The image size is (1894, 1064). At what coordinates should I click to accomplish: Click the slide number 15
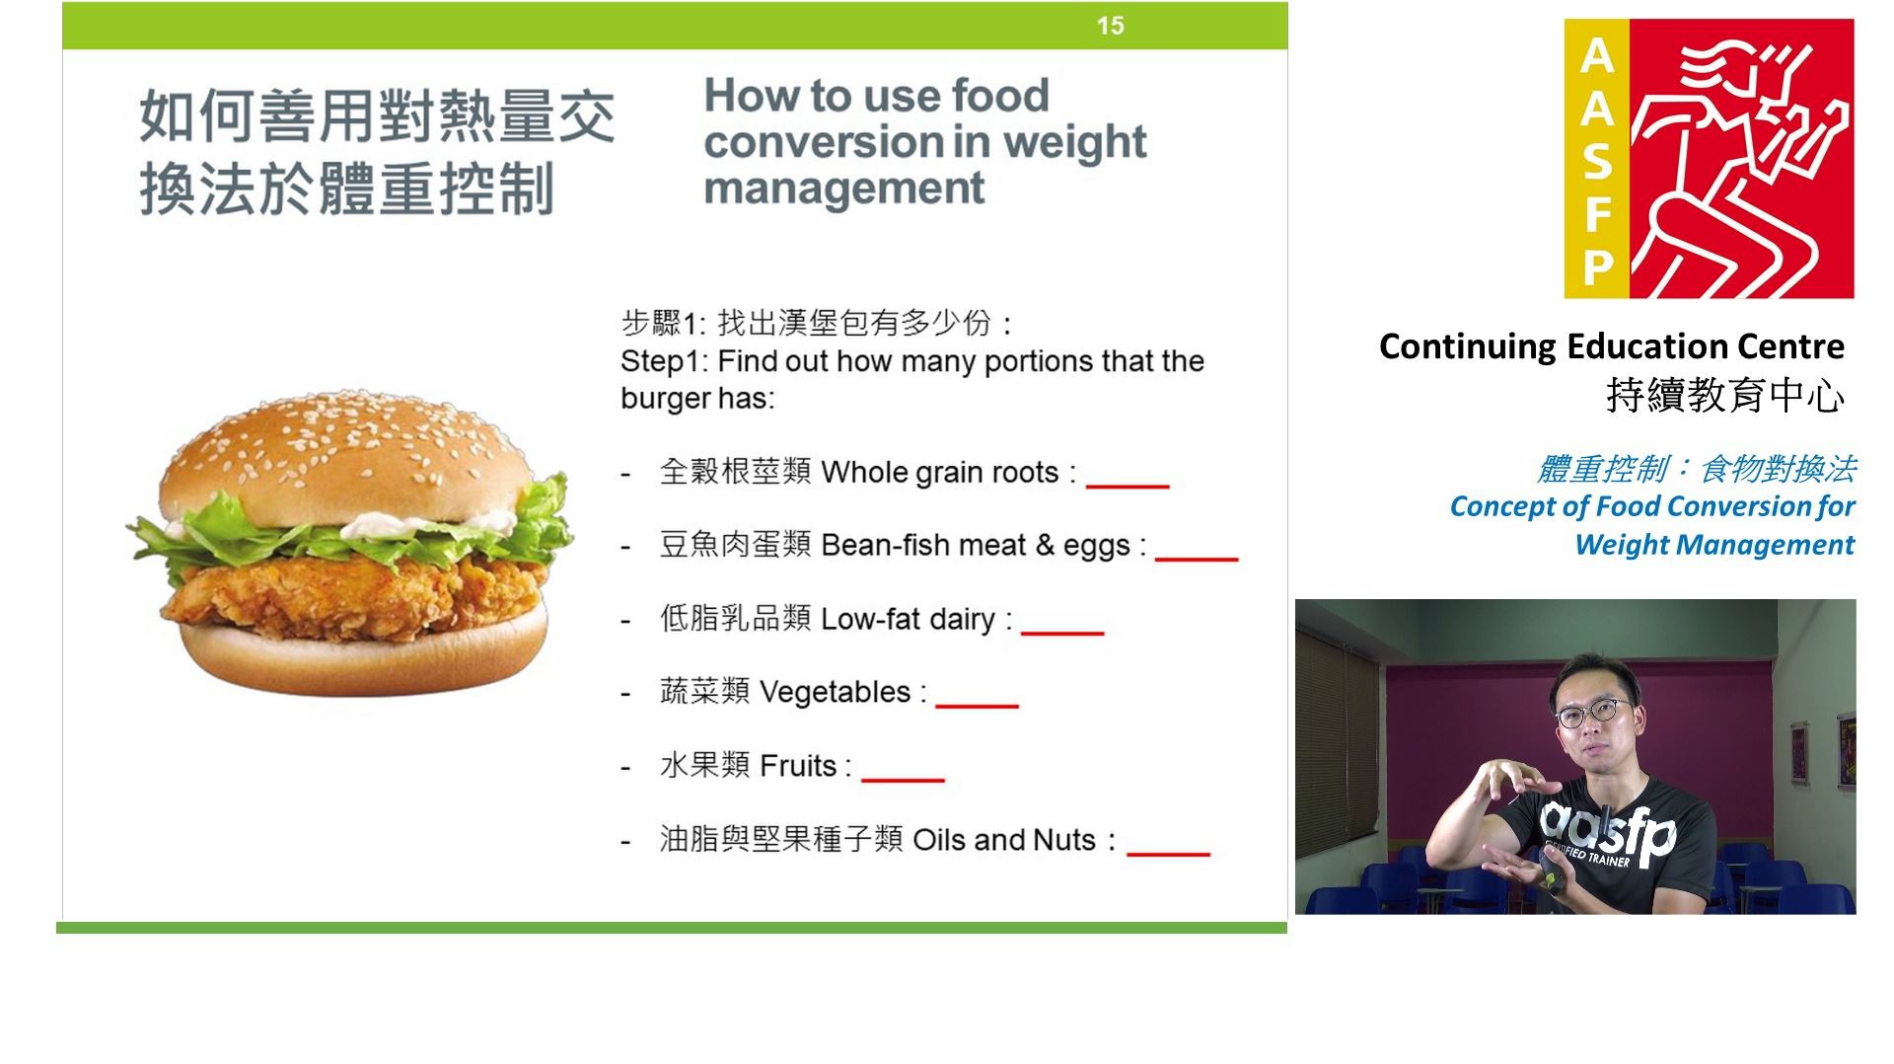tap(1110, 26)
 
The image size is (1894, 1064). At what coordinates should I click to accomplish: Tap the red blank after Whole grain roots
tap(1128, 486)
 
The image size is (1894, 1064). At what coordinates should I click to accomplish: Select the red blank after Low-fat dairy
tap(1062, 632)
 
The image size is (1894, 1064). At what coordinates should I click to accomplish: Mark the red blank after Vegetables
tap(977, 705)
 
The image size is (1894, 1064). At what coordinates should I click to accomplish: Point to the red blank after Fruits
tap(903, 779)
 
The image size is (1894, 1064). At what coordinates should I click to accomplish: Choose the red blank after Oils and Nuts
tap(1168, 853)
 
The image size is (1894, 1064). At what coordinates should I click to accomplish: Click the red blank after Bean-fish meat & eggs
tap(1197, 559)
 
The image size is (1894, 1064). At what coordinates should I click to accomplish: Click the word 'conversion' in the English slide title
tap(823, 142)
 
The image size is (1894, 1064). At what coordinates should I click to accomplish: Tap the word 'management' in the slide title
tap(844, 189)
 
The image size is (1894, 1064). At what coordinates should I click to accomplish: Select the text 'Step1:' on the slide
tap(664, 361)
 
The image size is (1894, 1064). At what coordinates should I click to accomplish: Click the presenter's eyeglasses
tap(1593, 712)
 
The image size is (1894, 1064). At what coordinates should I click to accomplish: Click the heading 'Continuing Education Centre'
tap(1612, 346)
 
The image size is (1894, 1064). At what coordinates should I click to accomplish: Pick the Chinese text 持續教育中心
tap(1725, 395)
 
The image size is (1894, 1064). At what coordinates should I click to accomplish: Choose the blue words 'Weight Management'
tap(1714, 545)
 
